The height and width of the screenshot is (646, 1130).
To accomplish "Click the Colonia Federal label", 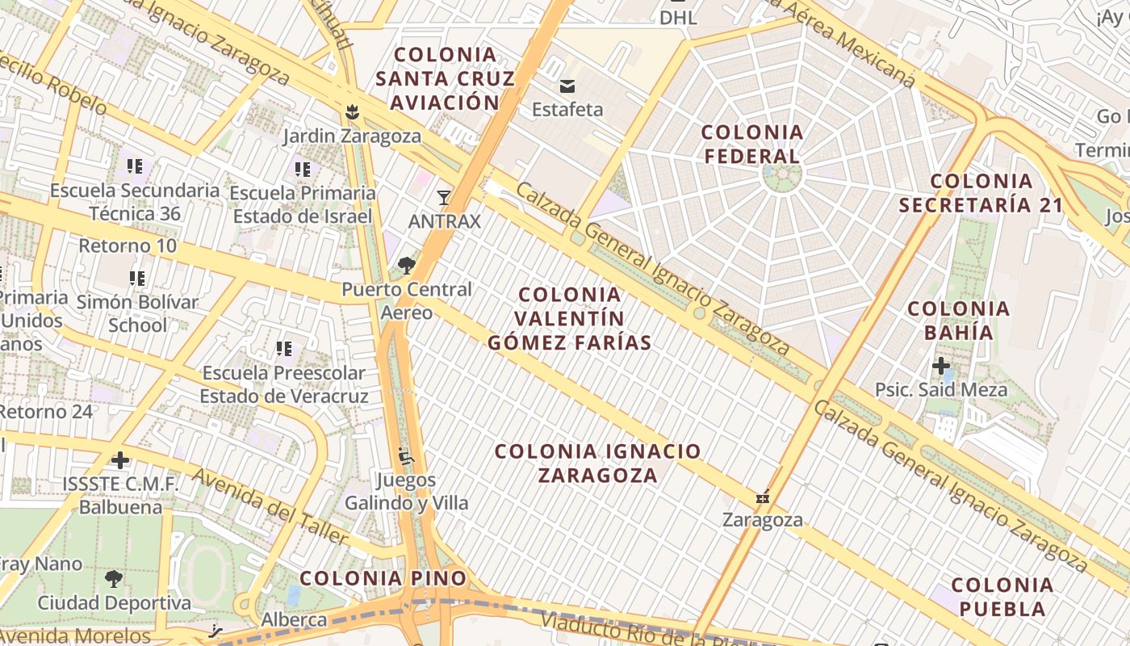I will [751, 144].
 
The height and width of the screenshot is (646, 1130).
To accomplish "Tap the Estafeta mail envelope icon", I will [567, 86].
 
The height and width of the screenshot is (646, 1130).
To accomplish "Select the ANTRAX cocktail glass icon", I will [443, 198].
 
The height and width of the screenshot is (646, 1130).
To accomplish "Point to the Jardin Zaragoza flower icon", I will [352, 112].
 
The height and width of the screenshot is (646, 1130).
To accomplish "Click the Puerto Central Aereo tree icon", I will [406, 265].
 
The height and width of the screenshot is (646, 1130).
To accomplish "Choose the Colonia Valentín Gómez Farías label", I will [570, 318].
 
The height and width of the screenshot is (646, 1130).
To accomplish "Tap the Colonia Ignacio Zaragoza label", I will [598, 463].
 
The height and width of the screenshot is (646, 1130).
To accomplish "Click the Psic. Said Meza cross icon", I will [941, 367].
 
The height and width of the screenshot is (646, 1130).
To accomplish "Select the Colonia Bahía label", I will [959, 320].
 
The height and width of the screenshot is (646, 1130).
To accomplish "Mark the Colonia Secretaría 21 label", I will [981, 192].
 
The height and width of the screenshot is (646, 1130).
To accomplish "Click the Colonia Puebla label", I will [1002, 596].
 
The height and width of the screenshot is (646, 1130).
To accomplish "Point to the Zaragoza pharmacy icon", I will [763, 497].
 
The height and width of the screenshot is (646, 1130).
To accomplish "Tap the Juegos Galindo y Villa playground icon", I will [406, 457].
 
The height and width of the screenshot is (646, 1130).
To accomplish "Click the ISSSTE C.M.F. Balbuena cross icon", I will [120, 460].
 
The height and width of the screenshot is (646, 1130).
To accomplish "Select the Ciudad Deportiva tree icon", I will [114, 578].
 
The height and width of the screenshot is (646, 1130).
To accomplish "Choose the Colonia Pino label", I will [383, 578].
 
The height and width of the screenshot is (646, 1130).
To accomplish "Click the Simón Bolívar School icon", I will [137, 279].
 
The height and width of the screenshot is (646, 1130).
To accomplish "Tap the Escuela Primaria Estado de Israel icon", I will [303, 170].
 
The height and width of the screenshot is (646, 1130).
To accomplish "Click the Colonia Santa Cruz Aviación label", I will [445, 78].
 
